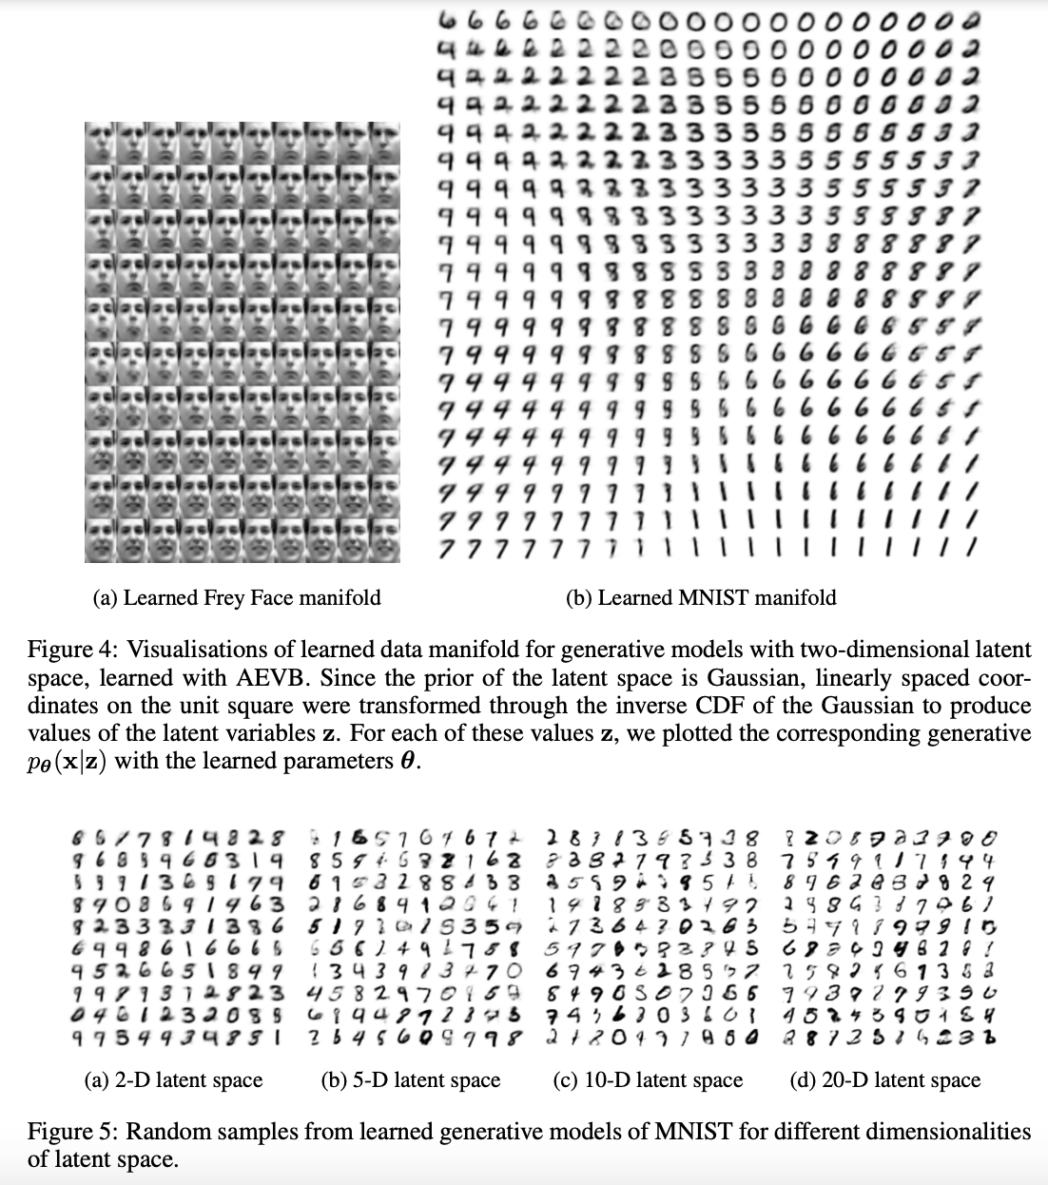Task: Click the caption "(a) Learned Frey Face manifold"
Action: click(x=236, y=597)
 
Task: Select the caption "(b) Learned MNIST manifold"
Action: click(x=701, y=597)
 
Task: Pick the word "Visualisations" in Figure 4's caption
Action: click(x=208, y=650)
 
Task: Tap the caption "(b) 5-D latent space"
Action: click(x=411, y=1079)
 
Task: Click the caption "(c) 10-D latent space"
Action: click(x=648, y=1079)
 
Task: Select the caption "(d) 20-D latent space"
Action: click(x=884, y=1079)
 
